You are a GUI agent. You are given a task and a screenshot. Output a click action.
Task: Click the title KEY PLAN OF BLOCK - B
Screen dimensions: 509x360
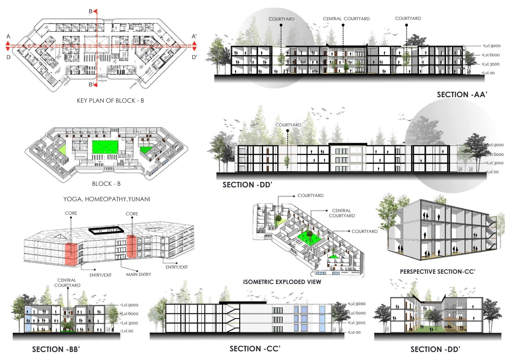coord(110,100)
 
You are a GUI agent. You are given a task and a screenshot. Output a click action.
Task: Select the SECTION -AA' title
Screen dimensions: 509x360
coord(462,95)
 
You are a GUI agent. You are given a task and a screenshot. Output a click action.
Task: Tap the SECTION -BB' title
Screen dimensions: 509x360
coord(56,349)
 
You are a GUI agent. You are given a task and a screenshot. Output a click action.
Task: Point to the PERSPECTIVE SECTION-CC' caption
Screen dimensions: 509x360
coord(437,272)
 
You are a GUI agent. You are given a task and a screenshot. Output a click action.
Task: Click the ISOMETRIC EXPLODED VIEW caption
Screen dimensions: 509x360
coord(282,282)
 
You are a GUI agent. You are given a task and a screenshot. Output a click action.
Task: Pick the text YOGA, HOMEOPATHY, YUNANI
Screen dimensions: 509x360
coord(107,199)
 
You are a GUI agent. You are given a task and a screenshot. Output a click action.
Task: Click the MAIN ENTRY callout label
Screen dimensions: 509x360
coord(138,274)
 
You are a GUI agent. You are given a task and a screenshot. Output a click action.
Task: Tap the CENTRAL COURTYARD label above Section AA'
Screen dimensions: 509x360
coord(346,19)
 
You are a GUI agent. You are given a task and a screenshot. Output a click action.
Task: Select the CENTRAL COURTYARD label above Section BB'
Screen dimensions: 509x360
coord(67,283)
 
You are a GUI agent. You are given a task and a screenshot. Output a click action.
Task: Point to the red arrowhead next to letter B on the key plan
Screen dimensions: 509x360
coord(95,12)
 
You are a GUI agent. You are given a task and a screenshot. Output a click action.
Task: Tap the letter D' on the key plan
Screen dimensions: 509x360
coord(194,57)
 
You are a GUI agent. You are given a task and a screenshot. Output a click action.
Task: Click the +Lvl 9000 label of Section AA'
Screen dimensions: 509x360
coord(491,46)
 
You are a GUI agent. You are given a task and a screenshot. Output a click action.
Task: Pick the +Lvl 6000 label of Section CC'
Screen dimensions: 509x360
coord(357,313)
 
